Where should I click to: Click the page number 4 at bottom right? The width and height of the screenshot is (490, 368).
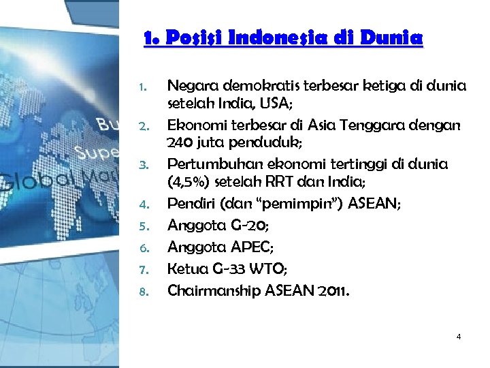459,337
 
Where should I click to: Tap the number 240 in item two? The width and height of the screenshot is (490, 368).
182,145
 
